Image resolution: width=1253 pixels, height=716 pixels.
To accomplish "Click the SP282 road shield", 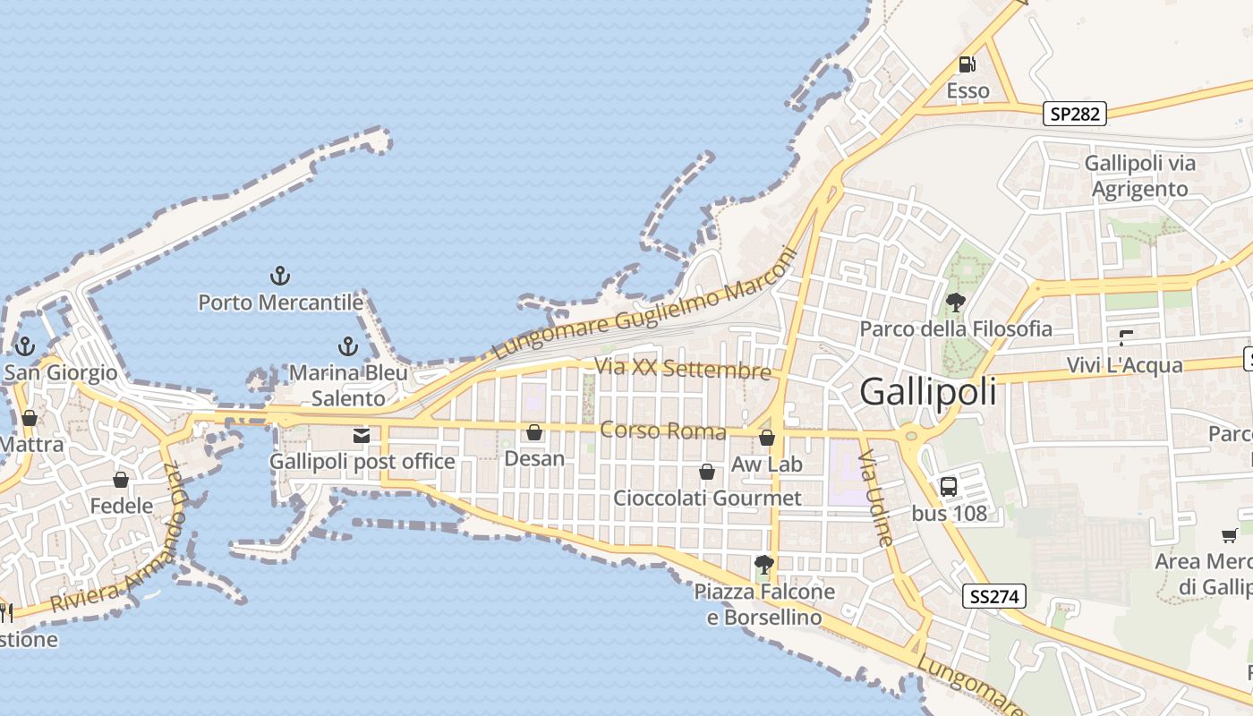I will coord(1075,114).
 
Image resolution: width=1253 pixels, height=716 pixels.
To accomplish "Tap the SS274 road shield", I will coord(995,596).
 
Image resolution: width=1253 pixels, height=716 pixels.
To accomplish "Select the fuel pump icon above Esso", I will coord(967,64).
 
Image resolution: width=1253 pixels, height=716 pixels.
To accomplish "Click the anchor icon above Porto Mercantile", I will coord(280,276).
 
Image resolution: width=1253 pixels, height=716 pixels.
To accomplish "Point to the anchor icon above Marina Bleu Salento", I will coord(347,346).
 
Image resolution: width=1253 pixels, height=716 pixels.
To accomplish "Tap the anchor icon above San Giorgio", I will coord(25,346).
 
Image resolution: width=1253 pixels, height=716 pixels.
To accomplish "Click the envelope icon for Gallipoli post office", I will coord(362,436).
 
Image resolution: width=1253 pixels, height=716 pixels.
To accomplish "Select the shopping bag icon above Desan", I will coord(534,433).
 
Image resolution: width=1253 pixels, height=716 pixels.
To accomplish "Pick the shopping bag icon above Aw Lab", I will coord(767,438).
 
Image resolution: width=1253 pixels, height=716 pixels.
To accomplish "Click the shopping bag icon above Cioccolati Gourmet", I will coord(707,472).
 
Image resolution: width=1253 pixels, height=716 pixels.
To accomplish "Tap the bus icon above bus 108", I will coord(949,487).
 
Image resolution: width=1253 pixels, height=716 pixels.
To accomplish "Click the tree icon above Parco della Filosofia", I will coord(956,303).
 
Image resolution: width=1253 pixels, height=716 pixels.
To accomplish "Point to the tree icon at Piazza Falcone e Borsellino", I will coord(763,565).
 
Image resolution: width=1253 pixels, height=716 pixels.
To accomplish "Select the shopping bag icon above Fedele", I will coord(121,481).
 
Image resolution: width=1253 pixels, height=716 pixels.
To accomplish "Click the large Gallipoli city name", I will coord(928,392).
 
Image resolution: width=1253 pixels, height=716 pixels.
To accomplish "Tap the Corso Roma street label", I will coord(663,430).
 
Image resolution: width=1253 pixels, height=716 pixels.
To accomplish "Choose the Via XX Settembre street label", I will coord(682,369).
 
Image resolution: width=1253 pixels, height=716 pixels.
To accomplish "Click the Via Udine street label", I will coord(876,499).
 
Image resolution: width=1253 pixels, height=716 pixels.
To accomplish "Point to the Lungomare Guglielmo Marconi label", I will coord(644,304).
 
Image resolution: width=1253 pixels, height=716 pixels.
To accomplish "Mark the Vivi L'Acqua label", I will coord(1125,365).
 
